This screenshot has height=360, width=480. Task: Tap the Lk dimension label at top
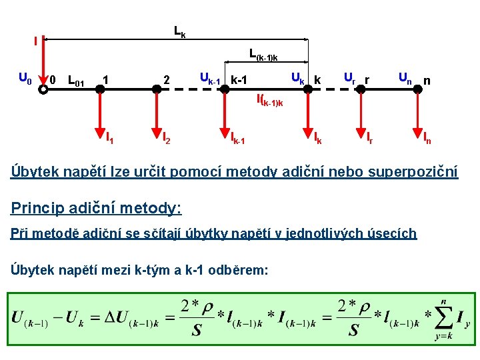point(180,31)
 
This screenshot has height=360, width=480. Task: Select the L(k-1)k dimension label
point(263,53)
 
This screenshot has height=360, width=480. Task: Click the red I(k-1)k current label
point(269,101)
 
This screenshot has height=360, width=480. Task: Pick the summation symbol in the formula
point(442,317)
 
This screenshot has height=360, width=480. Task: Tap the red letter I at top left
point(35,41)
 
